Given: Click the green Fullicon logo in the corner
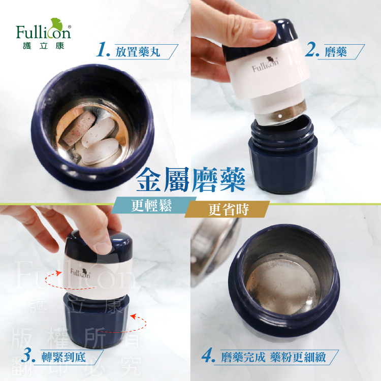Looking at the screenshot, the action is [x=44, y=34].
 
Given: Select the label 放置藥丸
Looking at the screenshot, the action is [x=138, y=51].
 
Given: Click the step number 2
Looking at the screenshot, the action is [x=312, y=49].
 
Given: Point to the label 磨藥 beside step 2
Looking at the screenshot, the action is [x=336, y=51].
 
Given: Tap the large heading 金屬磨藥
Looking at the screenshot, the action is [x=190, y=180].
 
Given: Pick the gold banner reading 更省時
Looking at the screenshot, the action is [x=227, y=209].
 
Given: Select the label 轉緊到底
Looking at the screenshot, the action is [x=63, y=357].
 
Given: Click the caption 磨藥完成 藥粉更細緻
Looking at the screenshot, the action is [x=273, y=357].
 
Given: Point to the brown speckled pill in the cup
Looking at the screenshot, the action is [x=79, y=128].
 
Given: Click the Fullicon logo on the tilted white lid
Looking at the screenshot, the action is [x=265, y=65].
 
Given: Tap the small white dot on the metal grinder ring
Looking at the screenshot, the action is [x=280, y=116].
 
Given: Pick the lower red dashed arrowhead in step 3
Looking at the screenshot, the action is [x=133, y=316].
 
